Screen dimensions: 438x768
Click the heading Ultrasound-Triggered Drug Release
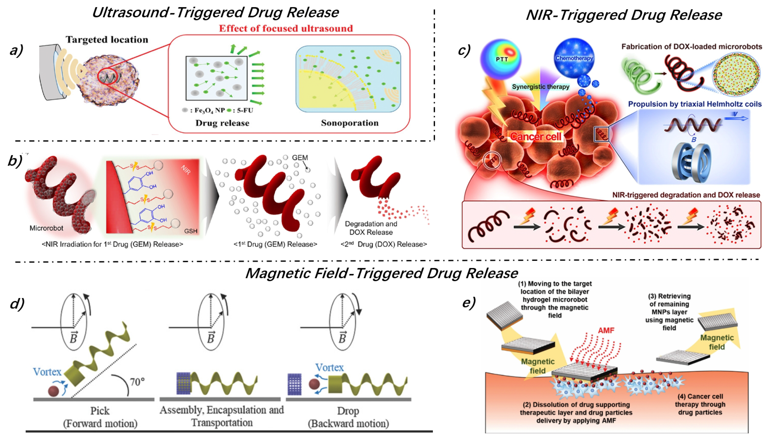pos(215,13)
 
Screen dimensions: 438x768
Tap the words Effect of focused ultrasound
pos(285,28)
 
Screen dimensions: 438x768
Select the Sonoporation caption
pos(350,123)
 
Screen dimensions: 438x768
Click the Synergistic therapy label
pos(540,87)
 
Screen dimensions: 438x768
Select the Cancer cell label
pos(535,137)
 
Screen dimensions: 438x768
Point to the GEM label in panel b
pos(300,158)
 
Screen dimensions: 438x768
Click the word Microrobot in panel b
pos(46,228)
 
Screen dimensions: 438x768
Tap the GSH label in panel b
pos(191,231)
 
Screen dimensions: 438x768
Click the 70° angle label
pos(137,382)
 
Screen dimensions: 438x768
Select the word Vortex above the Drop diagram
pos(329,367)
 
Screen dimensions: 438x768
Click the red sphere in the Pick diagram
pos(54,391)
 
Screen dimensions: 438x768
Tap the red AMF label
pos(606,330)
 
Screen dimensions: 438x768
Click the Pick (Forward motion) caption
pos(100,417)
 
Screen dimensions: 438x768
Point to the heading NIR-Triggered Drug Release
pos(624,15)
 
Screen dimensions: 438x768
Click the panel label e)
pos(468,303)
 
